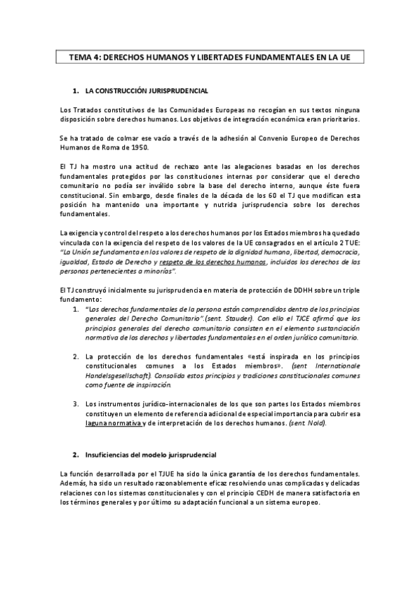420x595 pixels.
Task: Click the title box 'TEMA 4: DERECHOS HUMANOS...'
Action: pyautogui.click(x=210, y=58)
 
